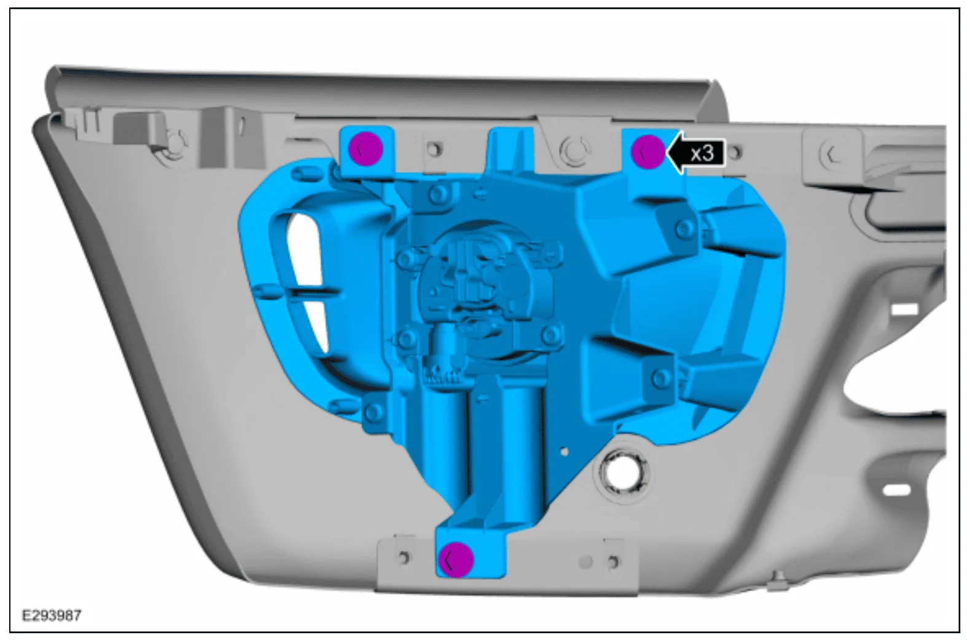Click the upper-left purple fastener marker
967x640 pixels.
pos(366,149)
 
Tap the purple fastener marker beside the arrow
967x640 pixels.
pos(648,152)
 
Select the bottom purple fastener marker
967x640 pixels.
pos(456,560)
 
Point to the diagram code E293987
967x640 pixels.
pos(52,615)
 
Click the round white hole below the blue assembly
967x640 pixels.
pos(621,472)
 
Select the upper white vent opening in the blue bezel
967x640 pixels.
pos(304,251)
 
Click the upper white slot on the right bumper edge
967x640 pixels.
pos(905,309)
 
